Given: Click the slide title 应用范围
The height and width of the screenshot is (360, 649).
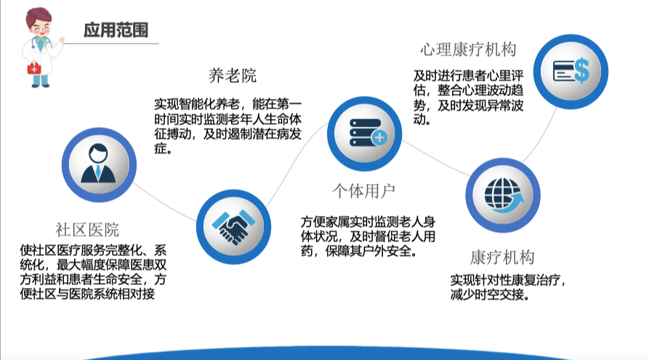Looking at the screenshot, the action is point(116,30).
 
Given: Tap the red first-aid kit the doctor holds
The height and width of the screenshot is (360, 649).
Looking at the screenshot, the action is point(34,68).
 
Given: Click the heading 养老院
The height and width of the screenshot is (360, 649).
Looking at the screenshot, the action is point(233,76).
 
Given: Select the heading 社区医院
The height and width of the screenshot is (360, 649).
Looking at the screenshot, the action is point(87,230).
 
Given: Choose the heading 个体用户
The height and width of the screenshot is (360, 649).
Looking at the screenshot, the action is point(364,191).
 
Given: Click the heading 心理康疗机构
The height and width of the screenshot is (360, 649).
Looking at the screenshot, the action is point(469,49).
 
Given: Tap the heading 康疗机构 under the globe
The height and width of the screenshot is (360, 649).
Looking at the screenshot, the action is point(502,257).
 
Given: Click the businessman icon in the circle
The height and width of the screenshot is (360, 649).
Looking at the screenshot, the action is point(98,164).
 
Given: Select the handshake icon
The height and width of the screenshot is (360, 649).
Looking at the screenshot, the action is point(233,227).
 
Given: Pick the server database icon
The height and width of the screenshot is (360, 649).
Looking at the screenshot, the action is point(368,132).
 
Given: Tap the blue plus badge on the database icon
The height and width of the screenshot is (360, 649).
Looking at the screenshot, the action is point(379,137).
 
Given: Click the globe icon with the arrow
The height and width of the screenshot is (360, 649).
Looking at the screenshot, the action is point(504,195).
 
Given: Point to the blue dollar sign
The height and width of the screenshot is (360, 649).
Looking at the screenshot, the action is point(581,71).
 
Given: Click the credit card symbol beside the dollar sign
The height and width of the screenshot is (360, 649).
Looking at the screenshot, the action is point(563,71).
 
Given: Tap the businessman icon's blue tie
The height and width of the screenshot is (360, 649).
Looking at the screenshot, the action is point(98,171).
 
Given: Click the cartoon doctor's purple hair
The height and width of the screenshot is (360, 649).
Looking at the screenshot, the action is point(39,17).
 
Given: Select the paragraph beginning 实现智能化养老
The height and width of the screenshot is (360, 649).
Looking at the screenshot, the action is point(228,127).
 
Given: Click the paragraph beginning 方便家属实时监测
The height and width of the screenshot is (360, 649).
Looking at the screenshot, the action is point(368,236).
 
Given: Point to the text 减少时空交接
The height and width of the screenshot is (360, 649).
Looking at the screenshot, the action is point(490,295).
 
